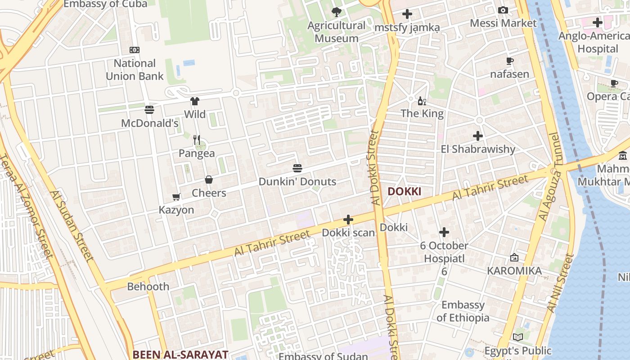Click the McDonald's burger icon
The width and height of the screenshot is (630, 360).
(x=149, y=109)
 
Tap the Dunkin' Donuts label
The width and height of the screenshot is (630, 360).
(x=297, y=181)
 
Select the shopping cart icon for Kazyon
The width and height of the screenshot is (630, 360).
(x=176, y=197)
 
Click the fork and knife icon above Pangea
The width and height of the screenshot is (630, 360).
(x=197, y=140)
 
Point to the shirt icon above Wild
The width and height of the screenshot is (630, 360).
(x=194, y=101)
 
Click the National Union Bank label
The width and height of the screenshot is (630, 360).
(x=135, y=70)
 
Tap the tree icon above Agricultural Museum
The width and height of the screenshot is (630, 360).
(x=336, y=12)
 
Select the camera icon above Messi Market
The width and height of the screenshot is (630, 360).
(x=503, y=10)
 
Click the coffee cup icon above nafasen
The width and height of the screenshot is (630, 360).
(x=509, y=61)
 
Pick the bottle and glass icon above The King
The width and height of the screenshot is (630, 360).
(x=422, y=101)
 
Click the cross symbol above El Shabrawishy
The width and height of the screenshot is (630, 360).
(x=478, y=135)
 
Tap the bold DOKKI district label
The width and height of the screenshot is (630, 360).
(x=404, y=191)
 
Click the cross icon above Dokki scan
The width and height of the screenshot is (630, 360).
(x=348, y=220)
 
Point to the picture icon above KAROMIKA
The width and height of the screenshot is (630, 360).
(x=514, y=257)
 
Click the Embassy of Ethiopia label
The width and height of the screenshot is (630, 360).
(x=463, y=311)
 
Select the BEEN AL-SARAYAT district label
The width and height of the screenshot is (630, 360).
(x=180, y=354)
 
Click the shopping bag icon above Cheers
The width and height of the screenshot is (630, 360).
(x=209, y=180)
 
